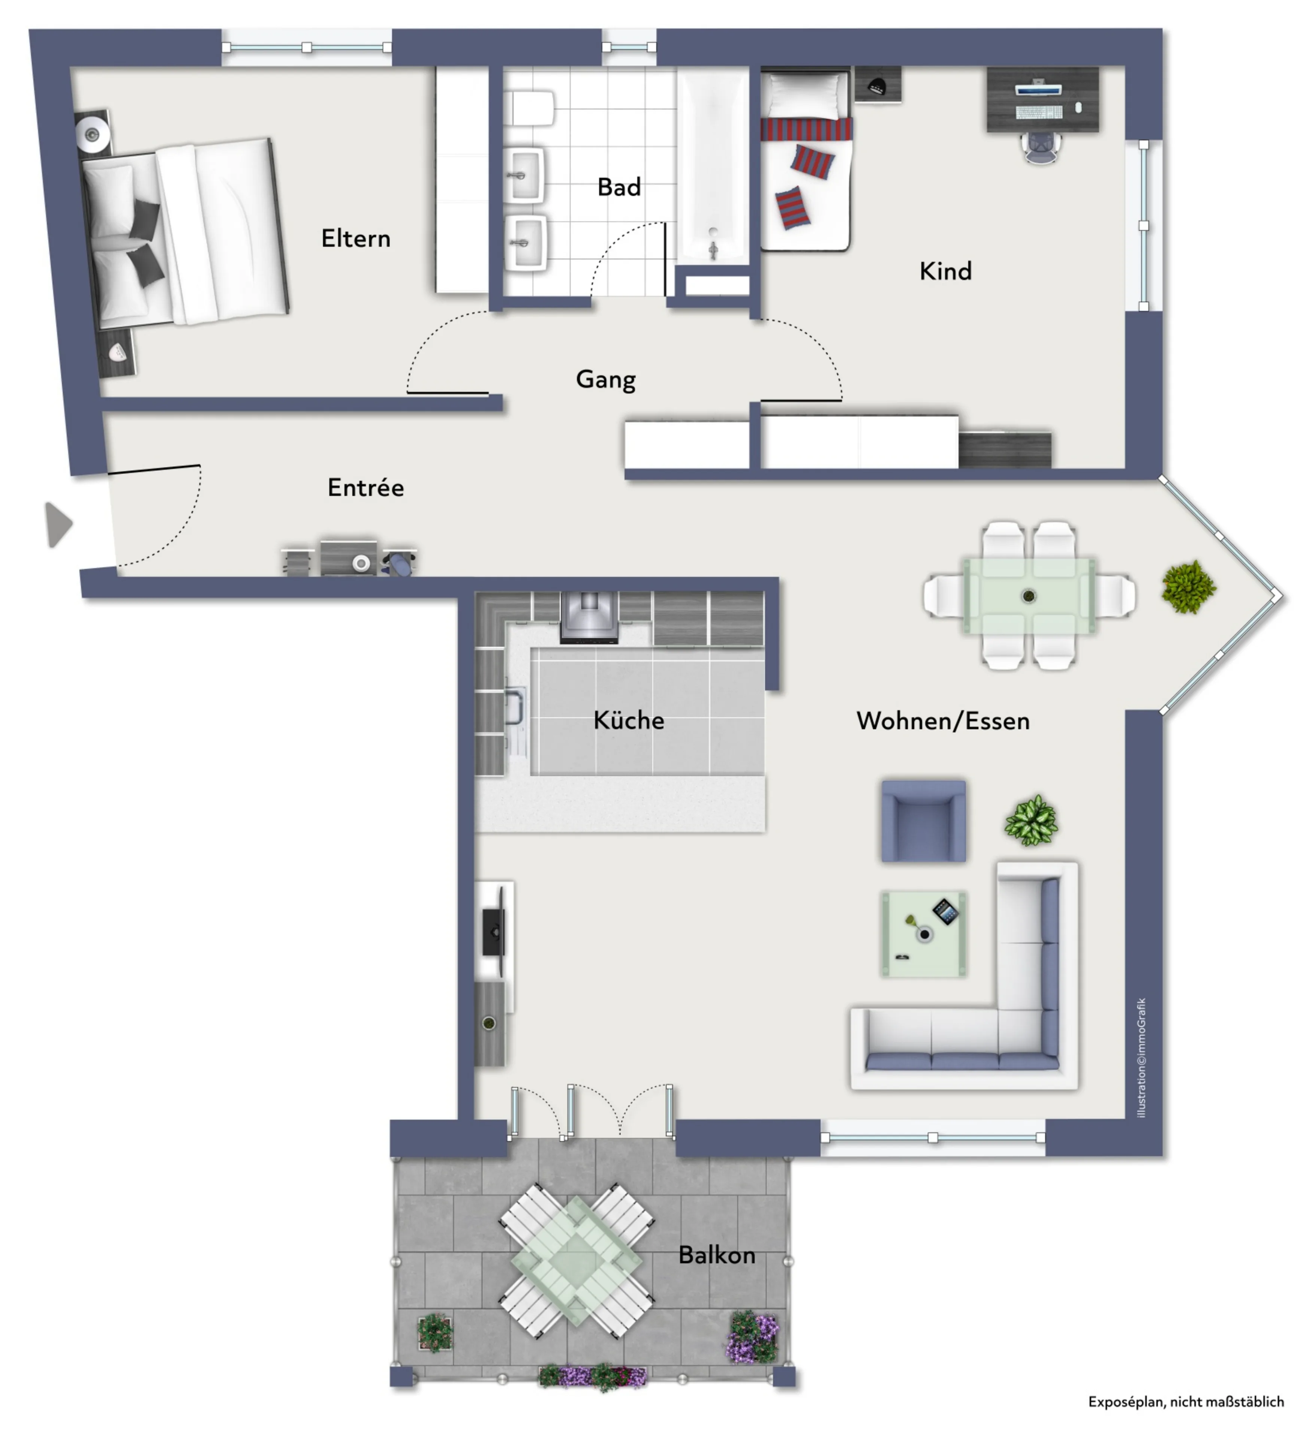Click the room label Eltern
[x=356, y=238]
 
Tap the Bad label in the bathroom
[x=619, y=187]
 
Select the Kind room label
[x=945, y=271]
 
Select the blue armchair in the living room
[x=923, y=821]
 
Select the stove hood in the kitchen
[x=589, y=618]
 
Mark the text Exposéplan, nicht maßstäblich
[x=1186, y=1402]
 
